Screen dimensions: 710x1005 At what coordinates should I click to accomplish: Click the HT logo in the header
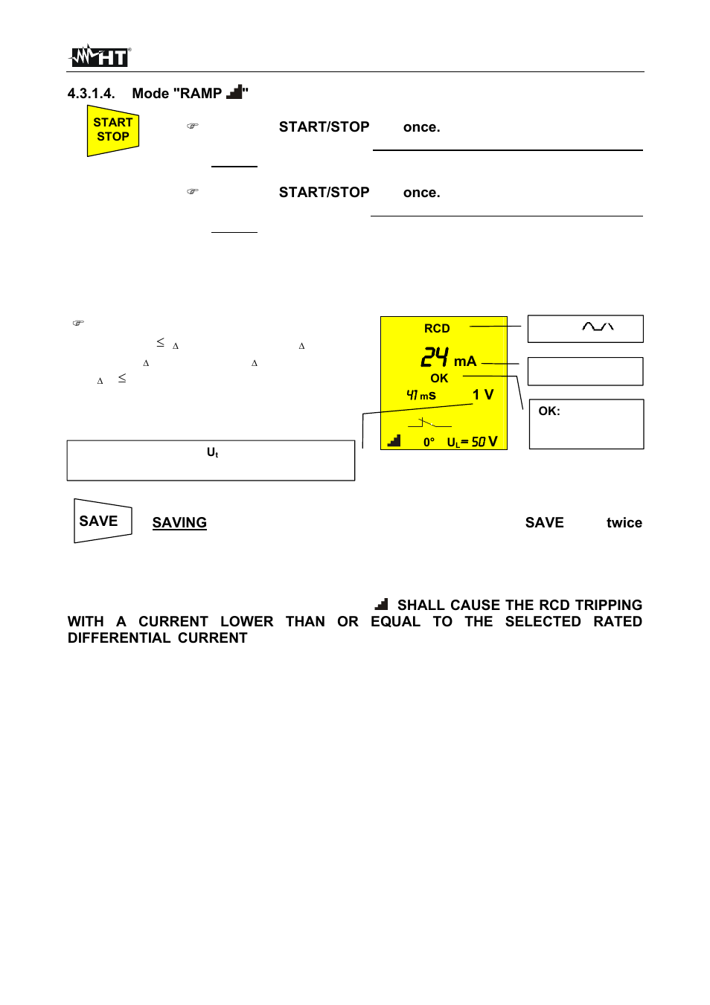[100, 56]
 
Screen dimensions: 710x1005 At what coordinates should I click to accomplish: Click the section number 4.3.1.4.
[91, 94]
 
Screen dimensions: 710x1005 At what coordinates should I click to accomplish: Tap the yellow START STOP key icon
[113, 130]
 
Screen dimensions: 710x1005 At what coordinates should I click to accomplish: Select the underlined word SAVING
[179, 523]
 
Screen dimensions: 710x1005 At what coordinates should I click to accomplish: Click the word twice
[624, 523]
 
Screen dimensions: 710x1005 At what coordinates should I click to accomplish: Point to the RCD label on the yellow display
[437, 329]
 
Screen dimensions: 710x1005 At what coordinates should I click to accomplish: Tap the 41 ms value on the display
[421, 395]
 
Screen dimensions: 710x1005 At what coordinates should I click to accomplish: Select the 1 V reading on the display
[483, 395]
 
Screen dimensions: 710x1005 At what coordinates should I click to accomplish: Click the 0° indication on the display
[429, 442]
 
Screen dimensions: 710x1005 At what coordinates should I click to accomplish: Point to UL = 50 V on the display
[472, 442]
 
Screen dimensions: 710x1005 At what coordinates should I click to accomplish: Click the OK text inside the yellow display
[439, 378]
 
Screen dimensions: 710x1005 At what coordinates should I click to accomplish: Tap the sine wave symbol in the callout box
[598, 327]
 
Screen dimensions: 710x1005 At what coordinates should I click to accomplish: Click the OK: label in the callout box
[549, 411]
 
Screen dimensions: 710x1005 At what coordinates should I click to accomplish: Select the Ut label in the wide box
[212, 452]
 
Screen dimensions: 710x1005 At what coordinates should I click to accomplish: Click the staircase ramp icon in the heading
[234, 92]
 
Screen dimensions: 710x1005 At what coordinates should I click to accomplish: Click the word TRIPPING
[608, 606]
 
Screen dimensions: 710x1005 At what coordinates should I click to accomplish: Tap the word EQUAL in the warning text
[395, 622]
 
